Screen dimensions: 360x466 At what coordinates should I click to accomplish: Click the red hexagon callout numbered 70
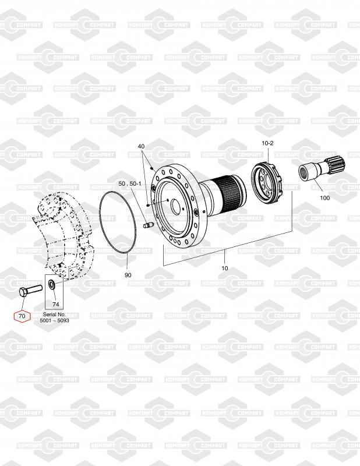[x=22, y=316]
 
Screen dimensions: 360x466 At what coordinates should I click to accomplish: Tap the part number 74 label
[x=55, y=304]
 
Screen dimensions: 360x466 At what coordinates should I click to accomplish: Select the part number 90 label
[x=128, y=275]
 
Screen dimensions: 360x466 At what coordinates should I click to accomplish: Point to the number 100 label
[x=325, y=198]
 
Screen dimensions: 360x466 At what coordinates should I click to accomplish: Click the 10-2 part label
[x=267, y=143]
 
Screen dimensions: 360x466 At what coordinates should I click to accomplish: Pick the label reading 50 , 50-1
[x=130, y=183]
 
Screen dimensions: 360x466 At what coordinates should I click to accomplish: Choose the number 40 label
[x=141, y=146]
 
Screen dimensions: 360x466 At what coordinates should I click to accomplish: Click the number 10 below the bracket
[x=225, y=268]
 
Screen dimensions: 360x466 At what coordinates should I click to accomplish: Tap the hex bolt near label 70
[x=31, y=290]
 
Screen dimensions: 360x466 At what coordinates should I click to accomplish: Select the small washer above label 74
[x=51, y=285]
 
